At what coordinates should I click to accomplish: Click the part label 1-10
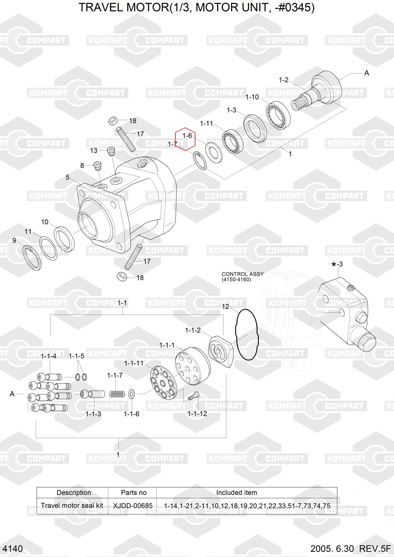(252, 97)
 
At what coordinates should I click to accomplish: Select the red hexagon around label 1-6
(185, 139)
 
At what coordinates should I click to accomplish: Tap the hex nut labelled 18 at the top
(112, 121)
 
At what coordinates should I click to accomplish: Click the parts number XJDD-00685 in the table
(133, 505)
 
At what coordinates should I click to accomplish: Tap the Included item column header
(237, 492)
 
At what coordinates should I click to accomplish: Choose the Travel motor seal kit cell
(72, 505)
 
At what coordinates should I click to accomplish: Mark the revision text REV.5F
(375, 549)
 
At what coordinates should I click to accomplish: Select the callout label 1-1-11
(134, 363)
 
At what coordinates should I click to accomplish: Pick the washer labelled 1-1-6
(132, 394)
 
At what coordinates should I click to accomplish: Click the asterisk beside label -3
(334, 265)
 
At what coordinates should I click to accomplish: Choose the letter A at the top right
(367, 73)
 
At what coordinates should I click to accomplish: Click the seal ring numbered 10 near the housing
(64, 239)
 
